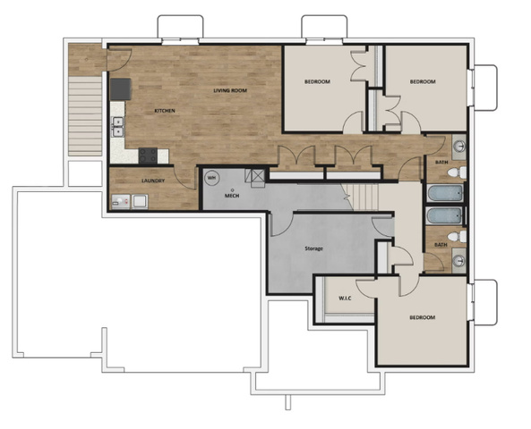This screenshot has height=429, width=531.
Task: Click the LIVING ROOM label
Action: tap(230, 90)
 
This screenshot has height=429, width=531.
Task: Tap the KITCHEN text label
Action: tap(165, 111)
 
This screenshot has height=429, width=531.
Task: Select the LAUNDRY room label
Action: tap(153, 181)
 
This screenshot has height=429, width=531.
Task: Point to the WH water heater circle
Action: tap(211, 178)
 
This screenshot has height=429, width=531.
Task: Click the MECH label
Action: tap(232, 196)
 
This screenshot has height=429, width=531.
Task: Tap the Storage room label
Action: tap(314, 248)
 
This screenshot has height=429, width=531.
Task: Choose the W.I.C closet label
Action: tap(345, 299)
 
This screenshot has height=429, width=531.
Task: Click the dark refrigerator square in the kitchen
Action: tap(121, 89)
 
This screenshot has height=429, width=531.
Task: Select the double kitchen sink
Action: tap(118, 126)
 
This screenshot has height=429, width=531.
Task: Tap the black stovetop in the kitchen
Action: tap(148, 156)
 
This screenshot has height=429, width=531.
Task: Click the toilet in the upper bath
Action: tap(457, 172)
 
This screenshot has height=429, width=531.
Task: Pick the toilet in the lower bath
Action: tap(457, 236)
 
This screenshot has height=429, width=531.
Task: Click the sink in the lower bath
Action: tap(459, 261)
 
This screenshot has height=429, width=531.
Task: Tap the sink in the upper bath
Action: tap(459, 147)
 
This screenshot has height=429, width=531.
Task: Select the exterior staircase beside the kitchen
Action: tap(85, 116)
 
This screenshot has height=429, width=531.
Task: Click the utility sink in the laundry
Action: tap(140, 201)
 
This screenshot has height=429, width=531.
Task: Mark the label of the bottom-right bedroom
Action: tap(423, 317)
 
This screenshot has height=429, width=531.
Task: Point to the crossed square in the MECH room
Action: tap(259, 176)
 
